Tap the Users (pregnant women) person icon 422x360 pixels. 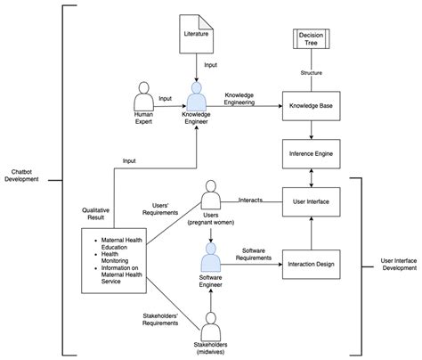211,195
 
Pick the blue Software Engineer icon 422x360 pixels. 211,259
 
